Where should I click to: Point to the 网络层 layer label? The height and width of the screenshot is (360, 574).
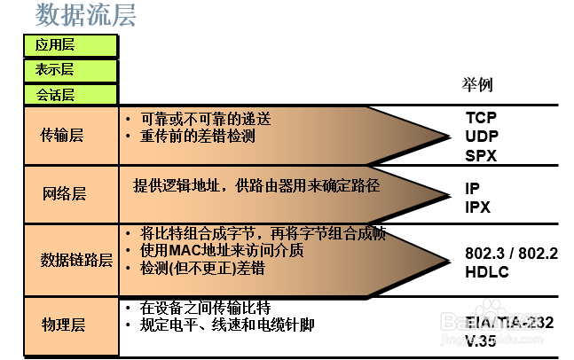[x=64, y=193]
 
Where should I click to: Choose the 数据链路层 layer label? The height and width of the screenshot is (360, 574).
[x=76, y=260]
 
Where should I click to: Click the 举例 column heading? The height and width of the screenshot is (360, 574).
[x=476, y=85]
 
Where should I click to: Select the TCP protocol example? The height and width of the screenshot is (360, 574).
[x=482, y=118]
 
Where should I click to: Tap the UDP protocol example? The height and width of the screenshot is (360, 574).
[x=482, y=137]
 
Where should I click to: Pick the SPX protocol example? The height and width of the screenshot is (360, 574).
[x=481, y=155]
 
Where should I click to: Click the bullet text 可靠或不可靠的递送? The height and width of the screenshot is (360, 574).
[x=205, y=119]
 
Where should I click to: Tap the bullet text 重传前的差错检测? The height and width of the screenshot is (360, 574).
[x=198, y=137]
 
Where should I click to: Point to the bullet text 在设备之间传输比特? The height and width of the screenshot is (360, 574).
[x=205, y=308]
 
